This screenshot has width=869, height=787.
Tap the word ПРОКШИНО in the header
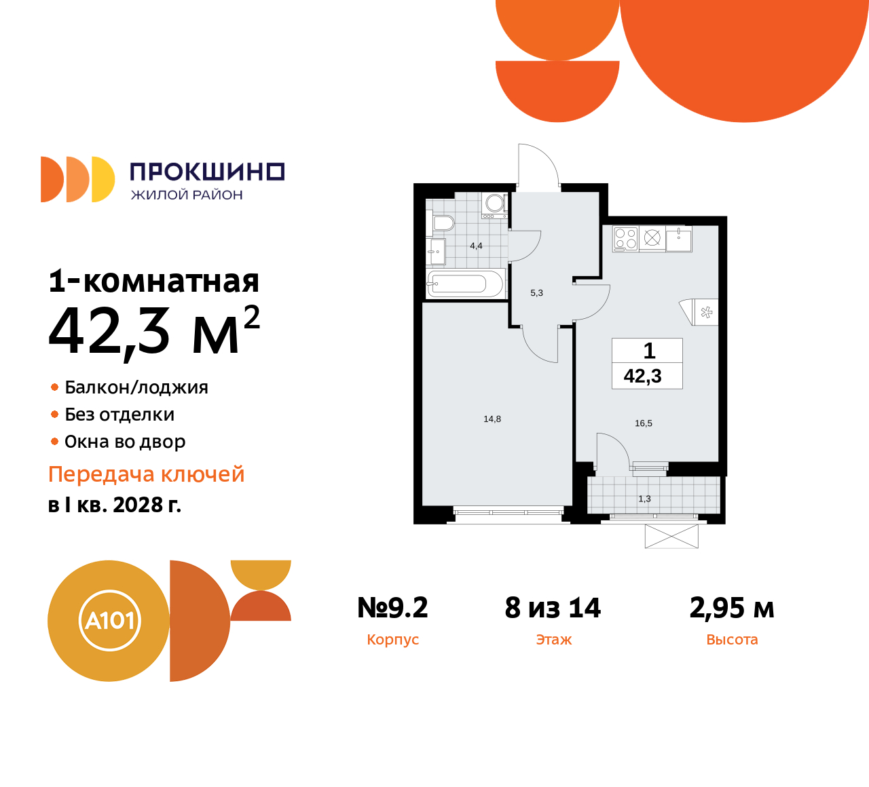206,172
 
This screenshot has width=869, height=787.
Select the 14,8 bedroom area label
492,419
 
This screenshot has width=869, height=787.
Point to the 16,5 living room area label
644,423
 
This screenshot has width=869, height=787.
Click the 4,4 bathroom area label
476,246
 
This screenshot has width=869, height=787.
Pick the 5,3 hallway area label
536,293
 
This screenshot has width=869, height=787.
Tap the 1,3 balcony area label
644,499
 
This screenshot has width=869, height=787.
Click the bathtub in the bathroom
465,284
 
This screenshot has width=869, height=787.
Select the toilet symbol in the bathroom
442,223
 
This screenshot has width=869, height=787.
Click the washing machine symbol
494,204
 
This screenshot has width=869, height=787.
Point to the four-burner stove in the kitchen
625,238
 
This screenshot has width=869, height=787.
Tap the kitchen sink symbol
679,239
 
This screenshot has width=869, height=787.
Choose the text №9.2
392,608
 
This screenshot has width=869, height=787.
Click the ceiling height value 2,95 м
732,608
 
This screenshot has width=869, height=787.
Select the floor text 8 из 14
553,608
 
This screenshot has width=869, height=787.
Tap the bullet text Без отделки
119,415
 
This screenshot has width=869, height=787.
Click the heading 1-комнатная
154,281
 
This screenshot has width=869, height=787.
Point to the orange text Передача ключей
147,474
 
